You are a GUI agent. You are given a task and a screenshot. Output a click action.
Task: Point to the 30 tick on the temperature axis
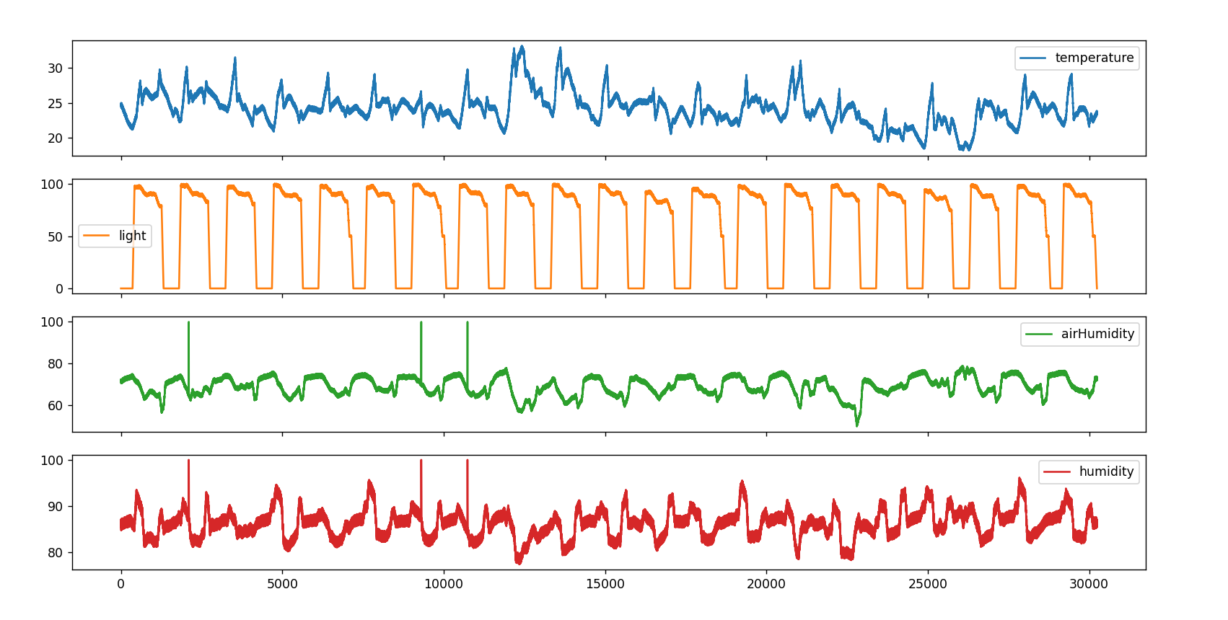pos(56,68)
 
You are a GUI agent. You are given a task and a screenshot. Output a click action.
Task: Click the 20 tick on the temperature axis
pos(56,138)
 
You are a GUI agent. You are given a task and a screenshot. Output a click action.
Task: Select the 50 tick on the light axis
pos(56,236)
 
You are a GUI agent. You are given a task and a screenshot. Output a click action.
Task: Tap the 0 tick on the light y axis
pos(60,289)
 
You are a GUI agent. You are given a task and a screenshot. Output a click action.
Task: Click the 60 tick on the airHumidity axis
pos(56,406)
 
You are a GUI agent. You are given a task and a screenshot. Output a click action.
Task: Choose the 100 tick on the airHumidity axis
pos(52,322)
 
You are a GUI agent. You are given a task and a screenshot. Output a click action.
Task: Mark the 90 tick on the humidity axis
pos(56,507)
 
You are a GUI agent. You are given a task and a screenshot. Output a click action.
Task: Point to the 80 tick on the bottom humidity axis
pos(56,553)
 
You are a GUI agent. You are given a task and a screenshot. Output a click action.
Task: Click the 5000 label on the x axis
pos(282,584)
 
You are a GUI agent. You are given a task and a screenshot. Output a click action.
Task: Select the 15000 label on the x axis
pos(605,584)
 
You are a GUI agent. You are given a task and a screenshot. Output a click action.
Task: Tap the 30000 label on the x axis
pos(1089,584)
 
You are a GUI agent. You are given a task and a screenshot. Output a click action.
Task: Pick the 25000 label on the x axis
pos(928,584)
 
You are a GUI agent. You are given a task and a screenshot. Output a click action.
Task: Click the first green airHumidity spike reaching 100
pos(189,323)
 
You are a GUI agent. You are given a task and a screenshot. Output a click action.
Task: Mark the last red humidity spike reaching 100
pos(468,461)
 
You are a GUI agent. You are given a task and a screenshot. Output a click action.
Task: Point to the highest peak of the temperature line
pos(522,46)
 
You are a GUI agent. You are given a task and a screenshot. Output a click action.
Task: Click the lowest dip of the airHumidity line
pos(857,425)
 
